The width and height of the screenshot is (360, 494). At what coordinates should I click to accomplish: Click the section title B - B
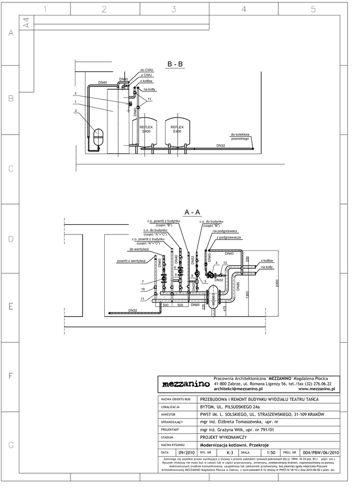(175, 64)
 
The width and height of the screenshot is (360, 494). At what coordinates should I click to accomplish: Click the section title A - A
(192, 212)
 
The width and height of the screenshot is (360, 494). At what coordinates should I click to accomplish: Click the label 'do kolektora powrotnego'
(240, 137)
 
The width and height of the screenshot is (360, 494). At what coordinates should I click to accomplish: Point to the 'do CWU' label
(146, 70)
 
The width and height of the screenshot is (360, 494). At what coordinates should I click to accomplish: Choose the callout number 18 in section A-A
(142, 289)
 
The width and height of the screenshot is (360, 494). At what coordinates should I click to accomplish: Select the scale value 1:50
(270, 453)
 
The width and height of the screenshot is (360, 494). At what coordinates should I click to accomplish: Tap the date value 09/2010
(186, 453)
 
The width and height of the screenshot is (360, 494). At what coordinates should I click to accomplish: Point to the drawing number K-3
(230, 453)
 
